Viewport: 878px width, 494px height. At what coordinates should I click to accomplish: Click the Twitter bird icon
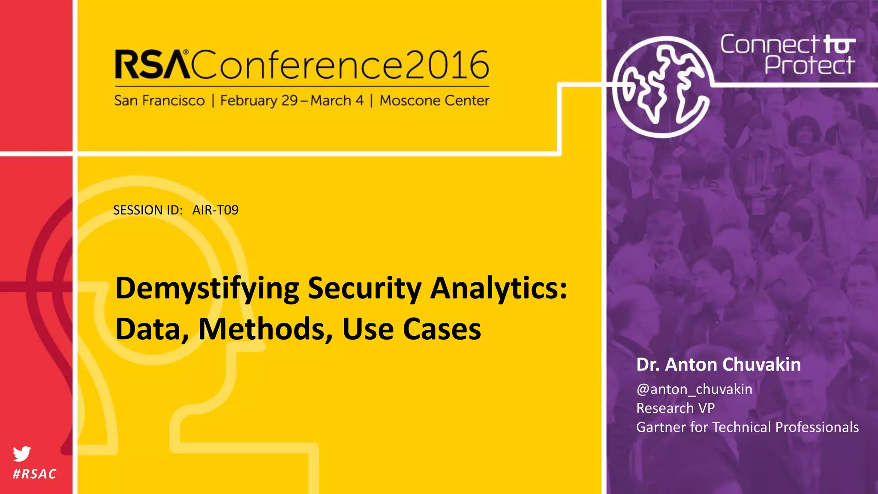[22, 453]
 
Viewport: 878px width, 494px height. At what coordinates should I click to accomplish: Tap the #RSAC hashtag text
[35, 474]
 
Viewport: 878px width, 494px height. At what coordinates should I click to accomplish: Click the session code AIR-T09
[215, 210]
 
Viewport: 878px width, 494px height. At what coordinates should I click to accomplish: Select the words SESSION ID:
[148, 210]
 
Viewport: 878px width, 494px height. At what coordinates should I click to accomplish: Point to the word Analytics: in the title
[499, 289]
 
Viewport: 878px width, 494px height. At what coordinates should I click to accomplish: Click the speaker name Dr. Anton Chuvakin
[719, 364]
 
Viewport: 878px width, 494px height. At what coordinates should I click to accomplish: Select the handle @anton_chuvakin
[694, 389]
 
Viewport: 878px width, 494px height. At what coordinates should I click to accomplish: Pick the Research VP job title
[675, 408]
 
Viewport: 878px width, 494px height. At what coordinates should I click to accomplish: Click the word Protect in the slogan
[809, 65]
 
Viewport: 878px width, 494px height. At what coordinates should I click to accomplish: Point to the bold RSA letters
[152, 65]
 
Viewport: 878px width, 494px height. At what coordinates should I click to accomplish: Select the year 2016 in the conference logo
[447, 65]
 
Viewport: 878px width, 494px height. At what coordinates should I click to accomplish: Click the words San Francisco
[159, 100]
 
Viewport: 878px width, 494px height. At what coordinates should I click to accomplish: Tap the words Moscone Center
[434, 100]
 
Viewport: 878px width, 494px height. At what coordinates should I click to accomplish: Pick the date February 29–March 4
[292, 100]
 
